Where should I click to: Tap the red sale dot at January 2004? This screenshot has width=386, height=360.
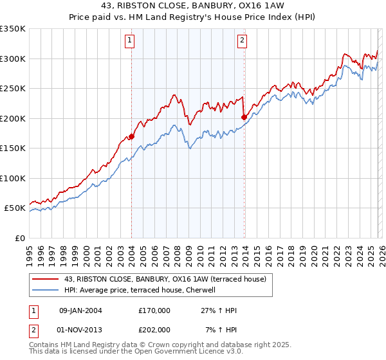coord(131,136)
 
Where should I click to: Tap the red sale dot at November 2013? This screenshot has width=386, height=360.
coord(244,117)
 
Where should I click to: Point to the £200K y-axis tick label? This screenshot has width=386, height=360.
coord(12,118)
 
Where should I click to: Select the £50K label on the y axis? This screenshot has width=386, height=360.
coord(14,208)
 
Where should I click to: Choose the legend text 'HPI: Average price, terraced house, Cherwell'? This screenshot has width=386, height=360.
coord(143,290)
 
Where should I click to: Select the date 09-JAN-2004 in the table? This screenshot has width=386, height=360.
coord(80,310)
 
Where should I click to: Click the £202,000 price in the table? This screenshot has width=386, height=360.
coord(154,330)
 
